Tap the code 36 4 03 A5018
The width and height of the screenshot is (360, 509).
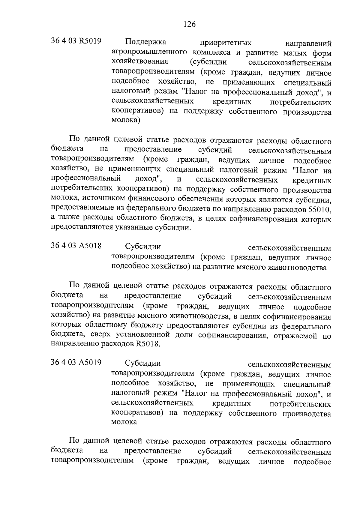point(76,246)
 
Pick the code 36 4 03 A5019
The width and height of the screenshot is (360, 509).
point(76,363)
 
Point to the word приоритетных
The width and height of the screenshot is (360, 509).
point(226,43)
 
